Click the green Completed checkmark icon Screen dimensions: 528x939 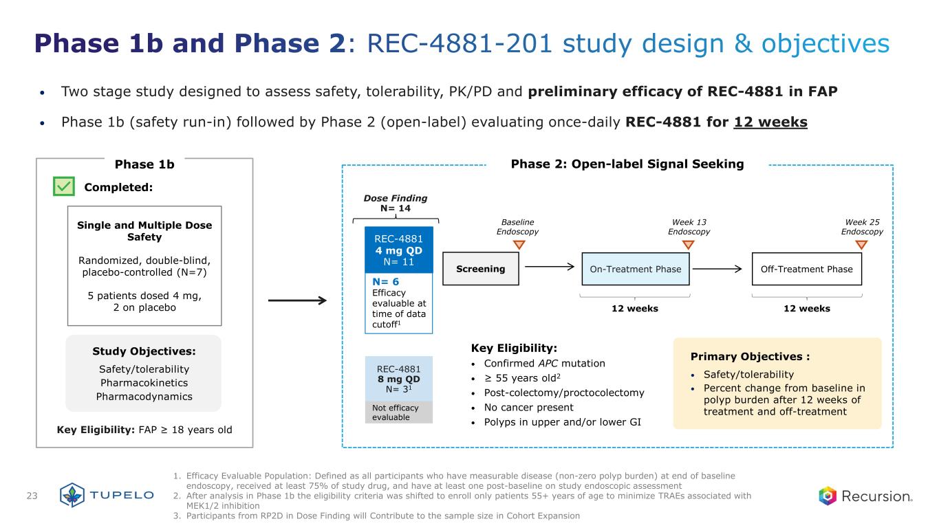tap(64, 186)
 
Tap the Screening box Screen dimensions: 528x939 tap(481, 269)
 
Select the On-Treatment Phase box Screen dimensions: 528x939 tap(636, 269)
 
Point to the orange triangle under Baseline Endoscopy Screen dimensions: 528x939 tap(519, 244)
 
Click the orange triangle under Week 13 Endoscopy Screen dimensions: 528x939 tap(690, 244)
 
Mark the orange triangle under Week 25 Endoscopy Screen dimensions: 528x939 tap(862, 244)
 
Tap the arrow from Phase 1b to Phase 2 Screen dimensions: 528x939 tap(296, 300)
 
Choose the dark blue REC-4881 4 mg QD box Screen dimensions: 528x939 tap(398, 250)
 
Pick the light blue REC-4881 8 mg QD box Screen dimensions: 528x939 tap(398, 379)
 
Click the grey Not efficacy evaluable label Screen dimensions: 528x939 tap(398, 412)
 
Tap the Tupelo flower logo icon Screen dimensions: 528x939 tap(72, 496)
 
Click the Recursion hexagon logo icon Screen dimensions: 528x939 tap(828, 496)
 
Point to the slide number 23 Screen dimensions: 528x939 tap(32, 496)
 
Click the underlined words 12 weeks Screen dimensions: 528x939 tap(770, 122)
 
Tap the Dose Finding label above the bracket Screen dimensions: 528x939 tap(395, 198)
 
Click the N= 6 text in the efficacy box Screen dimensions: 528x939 tap(385, 282)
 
